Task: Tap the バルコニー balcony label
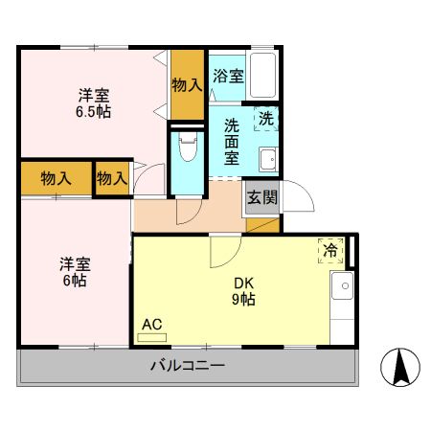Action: (x=187, y=366)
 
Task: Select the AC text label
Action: (x=151, y=324)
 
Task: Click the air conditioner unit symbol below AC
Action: (x=152, y=337)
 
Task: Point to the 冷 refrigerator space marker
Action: (x=330, y=250)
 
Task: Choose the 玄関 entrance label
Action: (x=261, y=198)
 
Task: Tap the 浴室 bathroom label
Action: (x=227, y=76)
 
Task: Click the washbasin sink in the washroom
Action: (x=267, y=159)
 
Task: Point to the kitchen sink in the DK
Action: (x=341, y=286)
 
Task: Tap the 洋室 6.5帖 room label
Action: (x=94, y=102)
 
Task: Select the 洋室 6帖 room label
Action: (x=76, y=272)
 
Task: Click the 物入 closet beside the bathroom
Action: (x=187, y=84)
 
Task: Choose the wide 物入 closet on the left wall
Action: (x=56, y=178)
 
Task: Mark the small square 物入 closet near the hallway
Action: (x=112, y=178)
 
